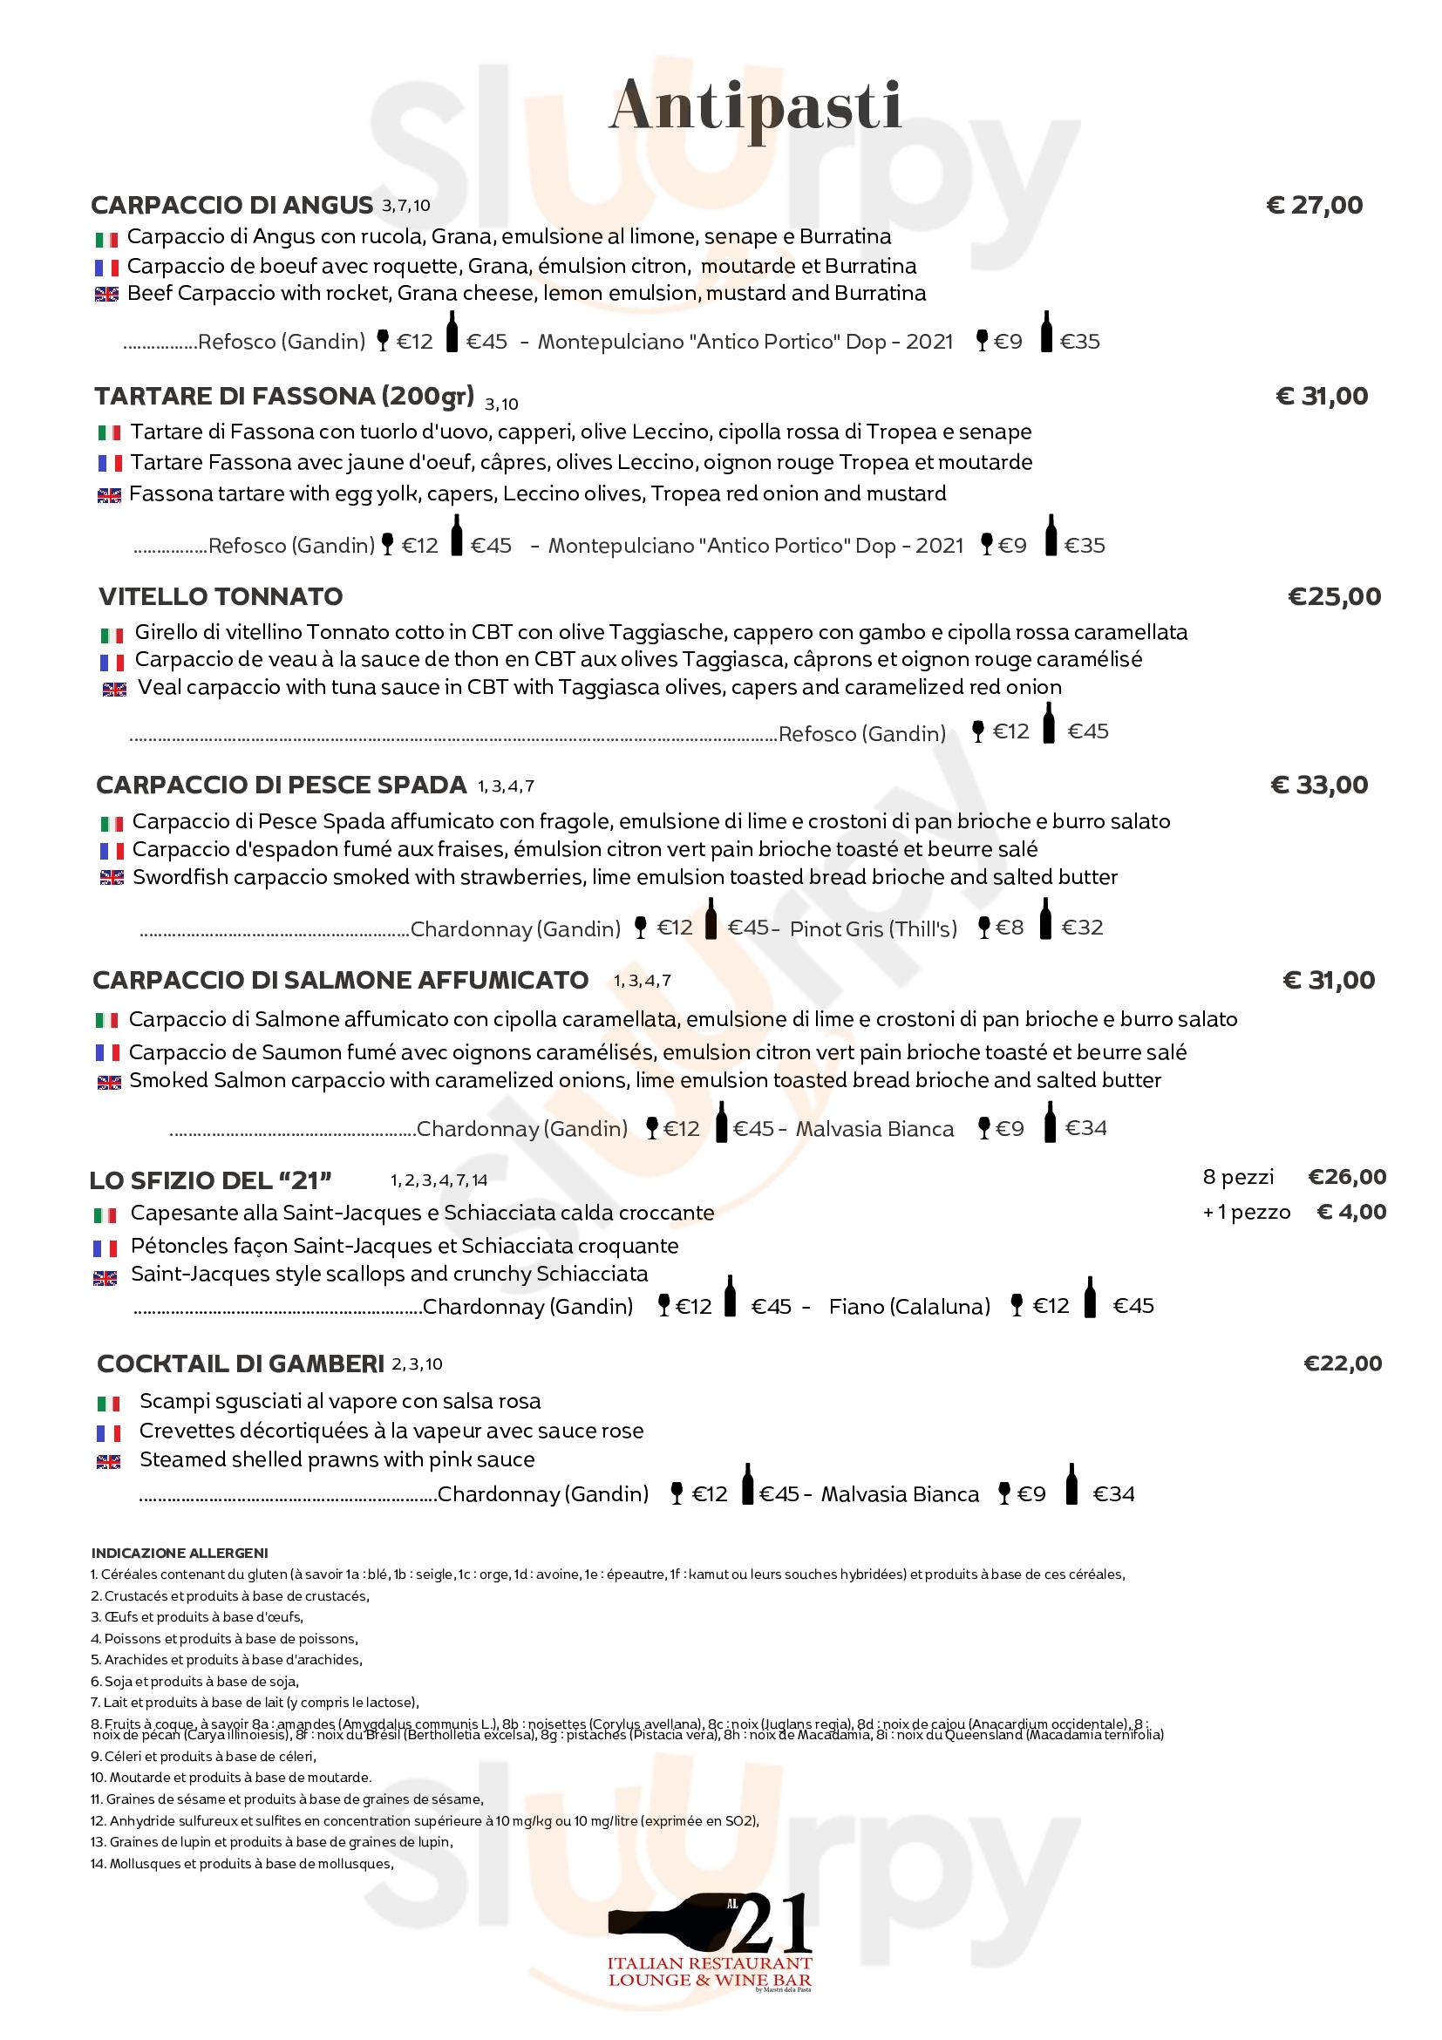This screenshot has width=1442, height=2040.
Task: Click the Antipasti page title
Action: tap(755, 105)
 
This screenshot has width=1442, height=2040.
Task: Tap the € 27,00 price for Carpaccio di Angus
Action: tap(1314, 205)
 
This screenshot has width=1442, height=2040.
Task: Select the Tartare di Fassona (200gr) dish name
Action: tap(284, 397)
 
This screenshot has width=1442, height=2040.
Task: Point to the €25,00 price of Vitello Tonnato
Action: tap(1334, 596)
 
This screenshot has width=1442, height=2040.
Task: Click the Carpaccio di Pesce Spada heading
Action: tap(281, 785)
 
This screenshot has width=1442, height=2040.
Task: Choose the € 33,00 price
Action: tap(1319, 785)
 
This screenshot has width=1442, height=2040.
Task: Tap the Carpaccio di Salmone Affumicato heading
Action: tap(340, 980)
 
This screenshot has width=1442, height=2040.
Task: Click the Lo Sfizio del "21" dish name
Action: tap(211, 1180)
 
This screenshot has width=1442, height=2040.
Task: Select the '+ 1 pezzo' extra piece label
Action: tap(1247, 1212)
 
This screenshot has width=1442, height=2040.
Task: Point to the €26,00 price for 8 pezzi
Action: tap(1347, 1177)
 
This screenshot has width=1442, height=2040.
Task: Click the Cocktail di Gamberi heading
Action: tap(241, 1363)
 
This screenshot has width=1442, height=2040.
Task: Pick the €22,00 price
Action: tap(1343, 1363)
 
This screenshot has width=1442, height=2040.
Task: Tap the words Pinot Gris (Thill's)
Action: tap(874, 928)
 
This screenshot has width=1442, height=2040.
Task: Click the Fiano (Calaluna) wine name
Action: tap(909, 1306)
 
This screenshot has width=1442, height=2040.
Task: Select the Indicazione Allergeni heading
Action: tap(180, 1553)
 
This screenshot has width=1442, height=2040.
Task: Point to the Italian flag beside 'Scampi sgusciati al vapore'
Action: tap(108, 1404)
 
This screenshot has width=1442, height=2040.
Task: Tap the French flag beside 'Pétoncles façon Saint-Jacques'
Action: tap(105, 1248)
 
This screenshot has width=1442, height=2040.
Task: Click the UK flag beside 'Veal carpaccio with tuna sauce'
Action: tap(114, 690)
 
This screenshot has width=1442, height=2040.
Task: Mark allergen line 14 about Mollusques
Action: tap(241, 1864)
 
